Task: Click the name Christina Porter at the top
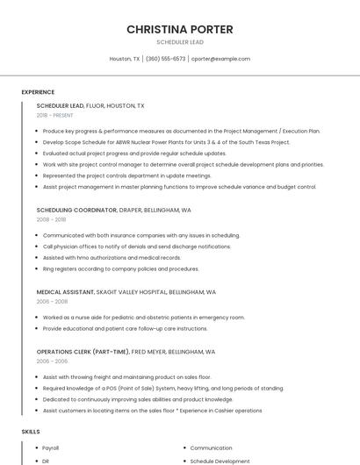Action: (179, 29)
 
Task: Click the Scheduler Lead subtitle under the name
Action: (179, 42)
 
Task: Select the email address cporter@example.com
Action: (220, 59)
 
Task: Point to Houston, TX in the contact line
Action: (124, 59)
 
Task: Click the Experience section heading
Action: (38, 92)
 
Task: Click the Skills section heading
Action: (31, 432)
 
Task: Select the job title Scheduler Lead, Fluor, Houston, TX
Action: (90, 105)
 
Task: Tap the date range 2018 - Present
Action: (54, 115)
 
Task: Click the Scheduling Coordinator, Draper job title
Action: (113, 211)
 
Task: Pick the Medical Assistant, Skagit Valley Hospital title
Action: (126, 292)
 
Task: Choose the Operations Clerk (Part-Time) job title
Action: (126, 351)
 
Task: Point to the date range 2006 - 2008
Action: (52, 301)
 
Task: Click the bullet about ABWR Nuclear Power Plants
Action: (166, 142)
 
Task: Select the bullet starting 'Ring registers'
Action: (120, 268)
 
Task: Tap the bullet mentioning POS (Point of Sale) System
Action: (162, 388)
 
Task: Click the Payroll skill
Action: (51, 447)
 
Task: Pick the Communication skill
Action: (211, 447)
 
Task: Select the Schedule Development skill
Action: (220, 461)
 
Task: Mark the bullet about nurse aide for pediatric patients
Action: (143, 318)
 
